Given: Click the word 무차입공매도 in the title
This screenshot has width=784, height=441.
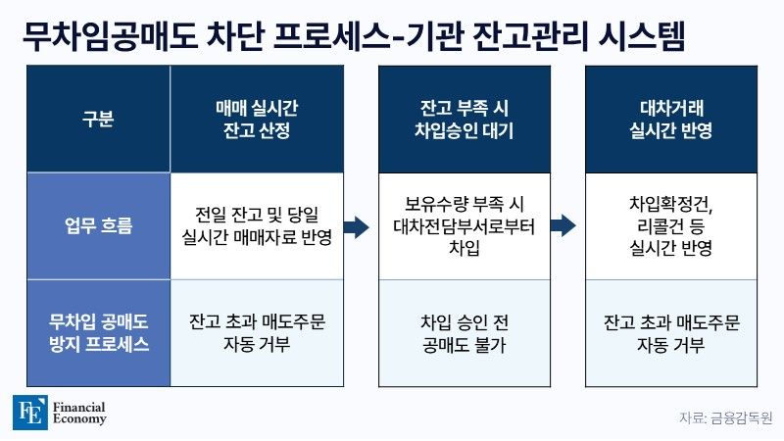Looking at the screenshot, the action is (110, 35).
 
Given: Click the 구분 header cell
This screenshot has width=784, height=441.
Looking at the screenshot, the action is (98, 119).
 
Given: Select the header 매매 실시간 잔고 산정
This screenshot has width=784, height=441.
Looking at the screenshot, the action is (257, 119).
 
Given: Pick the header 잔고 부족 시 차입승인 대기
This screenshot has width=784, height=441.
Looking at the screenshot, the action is (464, 119).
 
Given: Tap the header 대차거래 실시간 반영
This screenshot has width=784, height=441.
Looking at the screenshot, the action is (671, 119).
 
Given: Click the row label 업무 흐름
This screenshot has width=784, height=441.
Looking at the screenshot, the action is (98, 226).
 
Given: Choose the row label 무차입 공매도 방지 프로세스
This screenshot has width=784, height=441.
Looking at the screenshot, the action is (98, 333).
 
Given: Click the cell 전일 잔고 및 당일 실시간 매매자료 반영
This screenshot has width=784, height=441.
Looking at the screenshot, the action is (257, 226).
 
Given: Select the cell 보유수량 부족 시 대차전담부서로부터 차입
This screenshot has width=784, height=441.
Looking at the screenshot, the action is (464, 226).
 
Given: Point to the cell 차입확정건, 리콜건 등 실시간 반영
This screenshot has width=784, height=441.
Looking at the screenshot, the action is (671, 226).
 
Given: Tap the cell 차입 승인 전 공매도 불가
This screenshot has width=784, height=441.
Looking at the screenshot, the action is (464, 333).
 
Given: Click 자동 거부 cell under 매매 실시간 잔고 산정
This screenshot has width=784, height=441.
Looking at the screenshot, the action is (257, 333).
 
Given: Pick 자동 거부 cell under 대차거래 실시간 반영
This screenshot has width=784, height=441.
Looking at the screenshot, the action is (671, 333).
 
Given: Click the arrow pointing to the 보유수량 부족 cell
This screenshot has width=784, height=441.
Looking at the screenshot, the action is (356, 226).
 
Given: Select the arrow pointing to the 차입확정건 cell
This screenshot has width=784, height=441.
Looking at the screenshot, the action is (563, 225).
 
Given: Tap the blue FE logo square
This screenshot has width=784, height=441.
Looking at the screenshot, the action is (30, 412).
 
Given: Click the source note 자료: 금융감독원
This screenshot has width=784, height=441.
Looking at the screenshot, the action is (725, 418).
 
